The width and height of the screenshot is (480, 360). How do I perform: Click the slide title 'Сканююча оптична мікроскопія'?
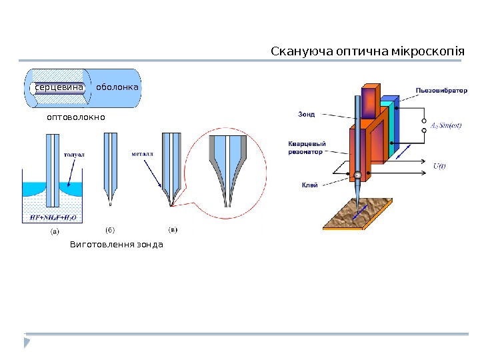pyautogui.click(x=367, y=52)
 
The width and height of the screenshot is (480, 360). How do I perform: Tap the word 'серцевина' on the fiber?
pyautogui.click(x=59, y=87)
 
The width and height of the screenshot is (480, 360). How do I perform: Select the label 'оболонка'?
pyautogui.click(x=117, y=87)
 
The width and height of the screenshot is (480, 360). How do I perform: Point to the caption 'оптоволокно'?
pyautogui.click(x=76, y=117)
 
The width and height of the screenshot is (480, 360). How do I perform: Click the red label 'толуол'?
pyautogui.click(x=74, y=154)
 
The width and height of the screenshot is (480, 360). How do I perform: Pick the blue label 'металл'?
pyautogui.click(x=142, y=153)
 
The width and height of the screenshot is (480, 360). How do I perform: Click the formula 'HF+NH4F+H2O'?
pyautogui.click(x=53, y=217)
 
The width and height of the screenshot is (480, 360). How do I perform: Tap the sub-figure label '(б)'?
pyautogui.click(x=110, y=231)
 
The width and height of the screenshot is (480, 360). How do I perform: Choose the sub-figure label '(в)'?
pyautogui.click(x=172, y=231)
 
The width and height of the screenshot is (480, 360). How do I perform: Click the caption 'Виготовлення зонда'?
pyautogui.click(x=117, y=245)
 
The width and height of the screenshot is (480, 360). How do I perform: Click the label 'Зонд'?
pyautogui.click(x=306, y=114)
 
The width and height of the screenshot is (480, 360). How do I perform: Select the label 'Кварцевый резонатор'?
pyautogui.click(x=307, y=147)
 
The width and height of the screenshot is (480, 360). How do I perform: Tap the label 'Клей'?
pyautogui.click(x=309, y=185)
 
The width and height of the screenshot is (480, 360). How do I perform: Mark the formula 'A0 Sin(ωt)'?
pyautogui.click(x=446, y=125)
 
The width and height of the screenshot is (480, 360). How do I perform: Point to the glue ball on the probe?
pyautogui.click(x=357, y=175)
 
